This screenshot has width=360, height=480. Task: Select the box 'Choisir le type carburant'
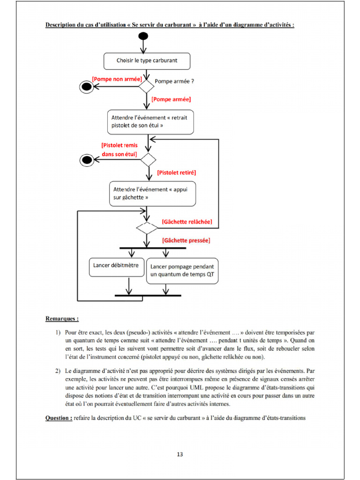(x=147, y=60)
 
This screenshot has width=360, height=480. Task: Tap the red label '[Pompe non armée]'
(x=117, y=79)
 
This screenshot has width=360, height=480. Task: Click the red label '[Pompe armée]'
(x=171, y=99)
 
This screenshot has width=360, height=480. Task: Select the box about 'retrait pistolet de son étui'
(x=150, y=121)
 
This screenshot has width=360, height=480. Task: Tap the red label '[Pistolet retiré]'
(x=176, y=172)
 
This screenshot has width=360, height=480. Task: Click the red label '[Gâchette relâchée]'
(x=187, y=221)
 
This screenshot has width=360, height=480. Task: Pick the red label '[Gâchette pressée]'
(x=186, y=240)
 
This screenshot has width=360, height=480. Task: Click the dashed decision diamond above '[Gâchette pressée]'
(x=147, y=228)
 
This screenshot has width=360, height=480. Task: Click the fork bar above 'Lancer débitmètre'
(x=153, y=247)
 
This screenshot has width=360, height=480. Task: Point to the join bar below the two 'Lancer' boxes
(x=148, y=296)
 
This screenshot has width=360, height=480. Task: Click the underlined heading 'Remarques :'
(x=62, y=319)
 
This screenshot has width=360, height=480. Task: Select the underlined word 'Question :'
(x=59, y=418)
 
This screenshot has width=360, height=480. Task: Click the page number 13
(x=180, y=454)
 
